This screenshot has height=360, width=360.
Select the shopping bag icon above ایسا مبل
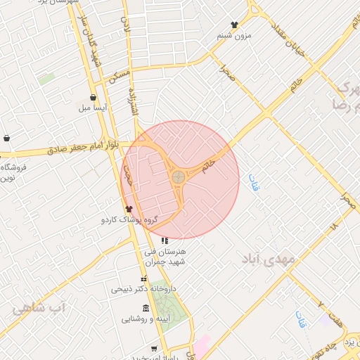(x=93, y=98)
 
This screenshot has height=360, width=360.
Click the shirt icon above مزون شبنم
(x=234, y=25)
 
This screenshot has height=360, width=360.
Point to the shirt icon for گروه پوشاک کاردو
(x=128, y=209)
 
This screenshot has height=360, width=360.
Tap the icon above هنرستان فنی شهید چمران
(x=165, y=241)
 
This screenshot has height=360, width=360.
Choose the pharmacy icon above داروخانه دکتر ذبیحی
(x=144, y=278)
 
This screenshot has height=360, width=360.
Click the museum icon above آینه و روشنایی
(x=146, y=308)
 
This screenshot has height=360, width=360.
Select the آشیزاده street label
(x=131, y=105)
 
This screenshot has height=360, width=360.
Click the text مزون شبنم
(x=233, y=35)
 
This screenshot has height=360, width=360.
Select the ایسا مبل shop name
(x=92, y=108)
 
